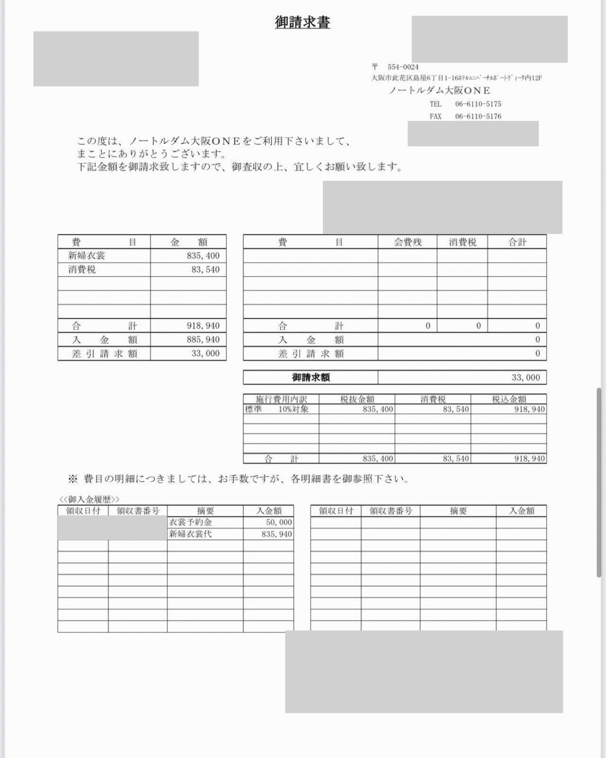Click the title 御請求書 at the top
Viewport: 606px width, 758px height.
[x=303, y=22]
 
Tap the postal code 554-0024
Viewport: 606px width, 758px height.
[x=403, y=67]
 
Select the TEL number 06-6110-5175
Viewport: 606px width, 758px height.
[x=478, y=104]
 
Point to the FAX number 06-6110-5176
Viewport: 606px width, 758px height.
[x=478, y=116]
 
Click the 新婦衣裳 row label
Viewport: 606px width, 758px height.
[x=87, y=256]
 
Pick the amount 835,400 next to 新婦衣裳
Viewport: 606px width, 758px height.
[x=203, y=256]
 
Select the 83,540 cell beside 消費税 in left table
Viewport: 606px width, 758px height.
[x=206, y=270]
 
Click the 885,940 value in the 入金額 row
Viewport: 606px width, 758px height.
[x=203, y=340]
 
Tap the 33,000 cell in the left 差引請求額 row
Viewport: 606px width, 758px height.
[x=205, y=353]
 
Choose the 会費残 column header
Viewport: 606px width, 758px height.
[x=408, y=242]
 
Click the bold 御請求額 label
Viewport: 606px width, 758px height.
[x=311, y=378]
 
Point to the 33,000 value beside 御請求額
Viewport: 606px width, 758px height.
[x=526, y=378]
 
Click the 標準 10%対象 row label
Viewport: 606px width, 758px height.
[x=277, y=409]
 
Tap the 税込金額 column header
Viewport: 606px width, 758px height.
[x=509, y=399]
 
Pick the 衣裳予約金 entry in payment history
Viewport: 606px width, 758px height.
[x=191, y=523]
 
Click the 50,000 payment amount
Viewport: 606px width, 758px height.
[x=279, y=523]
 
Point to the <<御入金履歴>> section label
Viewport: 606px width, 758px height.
[x=89, y=500]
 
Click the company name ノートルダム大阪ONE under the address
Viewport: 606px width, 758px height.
[x=439, y=90]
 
